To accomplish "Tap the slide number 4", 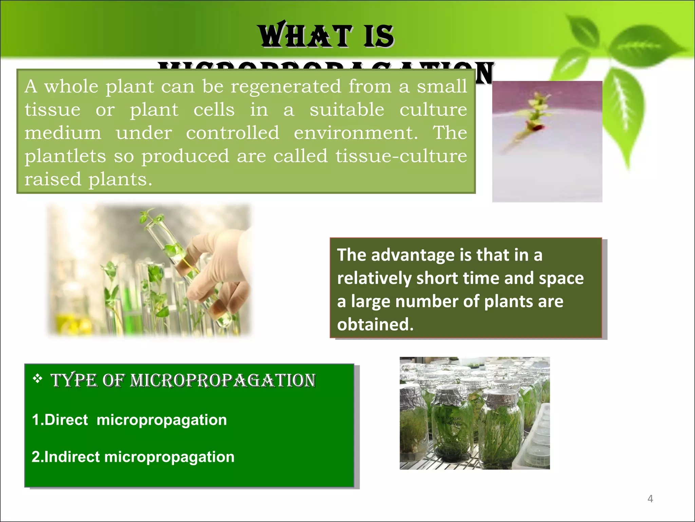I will pos(650,499).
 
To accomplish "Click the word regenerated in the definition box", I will pos(286,86).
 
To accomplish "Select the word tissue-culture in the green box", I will pos(401,156).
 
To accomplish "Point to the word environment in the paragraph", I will pos(356,133).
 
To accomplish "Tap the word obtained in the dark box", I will pos(375,324).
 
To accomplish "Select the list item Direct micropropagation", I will pos(129,420).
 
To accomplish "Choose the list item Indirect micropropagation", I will pos(133,457).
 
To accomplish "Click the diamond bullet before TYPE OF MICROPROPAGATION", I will pos(38,378).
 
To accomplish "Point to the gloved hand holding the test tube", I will pos(217,272).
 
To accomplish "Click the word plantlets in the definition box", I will pos(65,156).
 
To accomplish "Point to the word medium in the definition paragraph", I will pos(63,133).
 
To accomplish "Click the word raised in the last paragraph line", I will pos(53,179).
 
